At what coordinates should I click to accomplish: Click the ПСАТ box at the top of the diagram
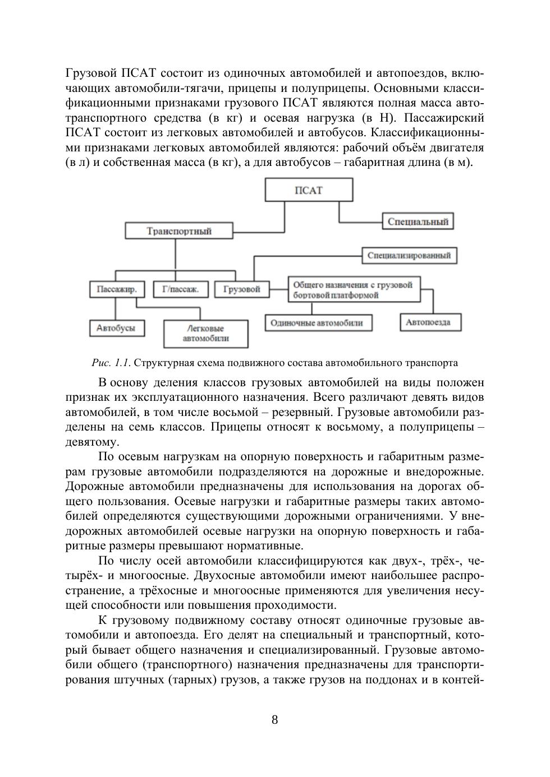309,190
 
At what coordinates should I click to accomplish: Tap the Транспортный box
179,231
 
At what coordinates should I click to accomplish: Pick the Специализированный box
409,256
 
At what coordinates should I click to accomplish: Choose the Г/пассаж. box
180,289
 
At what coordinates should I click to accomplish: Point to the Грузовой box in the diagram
242,289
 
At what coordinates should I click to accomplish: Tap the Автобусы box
116,328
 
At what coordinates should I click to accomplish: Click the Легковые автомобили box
205,334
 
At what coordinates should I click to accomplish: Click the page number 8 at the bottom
274,720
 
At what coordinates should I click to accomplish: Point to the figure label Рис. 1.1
111,363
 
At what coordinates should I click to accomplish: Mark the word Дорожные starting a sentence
92,486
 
